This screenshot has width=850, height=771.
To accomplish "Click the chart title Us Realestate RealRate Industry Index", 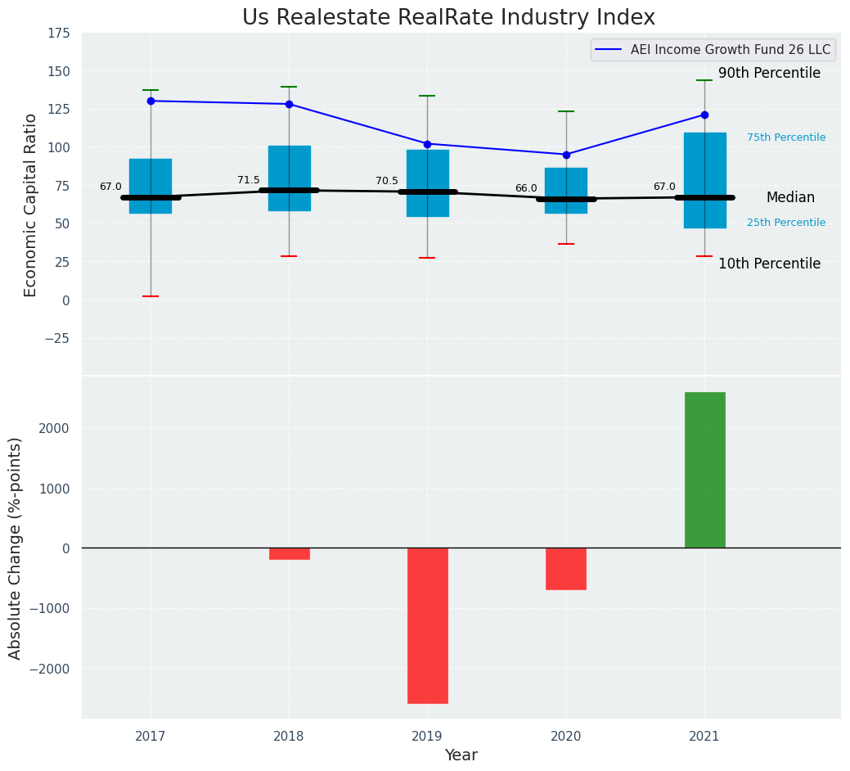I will pyautogui.click(x=448, y=18).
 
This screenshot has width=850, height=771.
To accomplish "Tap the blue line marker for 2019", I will pyautogui.click(x=427, y=144).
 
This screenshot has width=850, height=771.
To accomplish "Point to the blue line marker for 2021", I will pyautogui.click(x=704, y=115).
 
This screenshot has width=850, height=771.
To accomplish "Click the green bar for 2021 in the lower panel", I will pyautogui.click(x=704, y=470).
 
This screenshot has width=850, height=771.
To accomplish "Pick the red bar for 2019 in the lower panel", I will pyautogui.click(x=427, y=625).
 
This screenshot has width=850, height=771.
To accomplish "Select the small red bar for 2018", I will pyautogui.click(x=289, y=554).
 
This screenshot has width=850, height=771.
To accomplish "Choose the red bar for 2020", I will pyautogui.click(x=566, y=569).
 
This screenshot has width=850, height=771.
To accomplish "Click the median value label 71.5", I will pyautogui.click(x=249, y=180).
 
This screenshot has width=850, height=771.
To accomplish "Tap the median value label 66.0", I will pyautogui.click(x=526, y=188).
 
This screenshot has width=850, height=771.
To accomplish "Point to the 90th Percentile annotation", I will pyautogui.click(x=769, y=74).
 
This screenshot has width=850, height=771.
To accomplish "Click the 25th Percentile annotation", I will pyautogui.click(x=786, y=223).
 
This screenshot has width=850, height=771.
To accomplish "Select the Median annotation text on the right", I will pyautogui.click(x=790, y=198).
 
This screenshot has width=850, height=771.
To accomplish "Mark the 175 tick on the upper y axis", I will pyautogui.click(x=58, y=34).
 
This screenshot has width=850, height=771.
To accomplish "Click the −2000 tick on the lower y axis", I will pyautogui.click(x=50, y=669).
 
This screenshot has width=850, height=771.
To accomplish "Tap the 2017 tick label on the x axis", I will pyautogui.click(x=151, y=737).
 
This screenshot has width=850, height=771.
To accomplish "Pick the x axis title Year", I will pyautogui.click(x=461, y=755).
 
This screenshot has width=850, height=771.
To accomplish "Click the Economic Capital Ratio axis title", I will pyautogui.click(x=31, y=205).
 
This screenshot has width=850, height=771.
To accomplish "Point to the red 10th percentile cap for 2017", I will pyautogui.click(x=151, y=296).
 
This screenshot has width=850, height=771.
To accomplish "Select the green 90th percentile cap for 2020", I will pyautogui.click(x=566, y=111).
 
